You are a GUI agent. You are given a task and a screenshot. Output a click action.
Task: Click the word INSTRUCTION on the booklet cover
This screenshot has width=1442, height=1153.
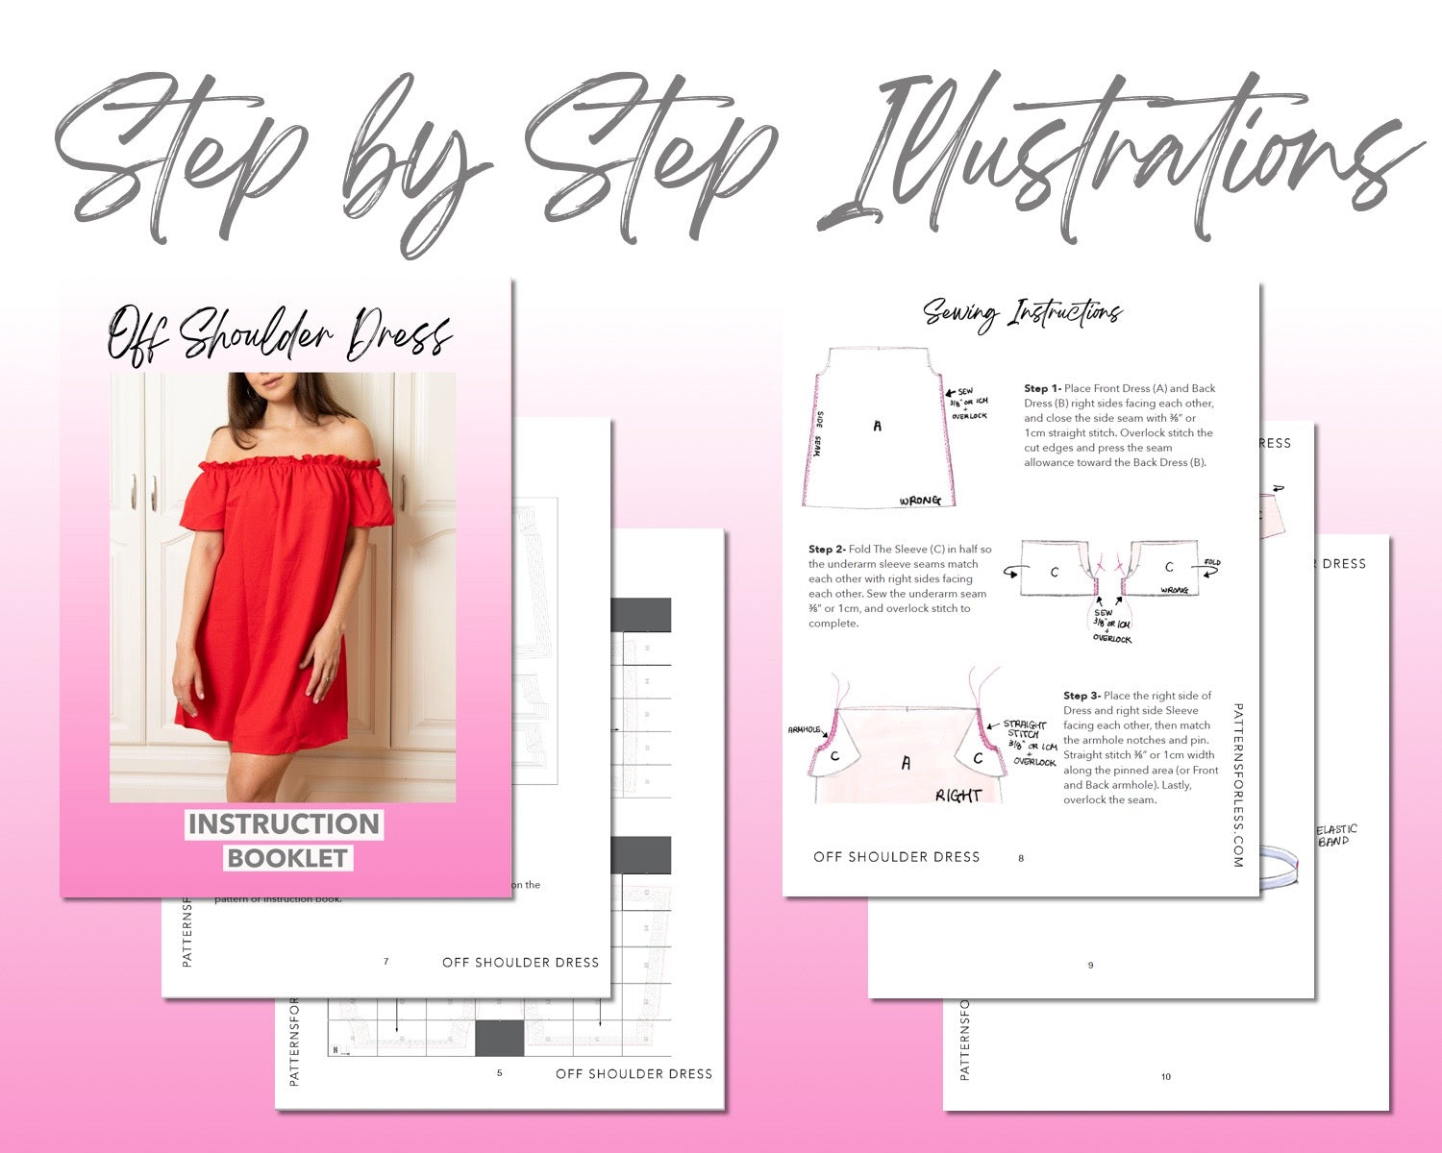point(285,824)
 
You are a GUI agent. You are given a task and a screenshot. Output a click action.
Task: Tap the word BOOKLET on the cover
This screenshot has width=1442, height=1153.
point(287,858)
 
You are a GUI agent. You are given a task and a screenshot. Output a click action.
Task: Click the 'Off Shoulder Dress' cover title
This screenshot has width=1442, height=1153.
point(280,333)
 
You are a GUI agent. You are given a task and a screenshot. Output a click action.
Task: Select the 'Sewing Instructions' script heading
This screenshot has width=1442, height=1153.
point(1023,312)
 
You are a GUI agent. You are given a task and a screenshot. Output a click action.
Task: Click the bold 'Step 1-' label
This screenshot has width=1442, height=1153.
point(1042,389)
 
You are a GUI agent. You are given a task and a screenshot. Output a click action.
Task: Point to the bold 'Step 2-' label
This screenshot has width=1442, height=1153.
point(827,550)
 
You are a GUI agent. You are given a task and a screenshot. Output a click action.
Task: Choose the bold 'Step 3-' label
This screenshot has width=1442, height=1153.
point(1081,696)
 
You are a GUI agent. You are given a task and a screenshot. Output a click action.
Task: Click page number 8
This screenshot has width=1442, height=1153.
point(1021,858)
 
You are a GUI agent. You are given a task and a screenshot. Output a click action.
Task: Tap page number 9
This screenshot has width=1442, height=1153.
point(1090,965)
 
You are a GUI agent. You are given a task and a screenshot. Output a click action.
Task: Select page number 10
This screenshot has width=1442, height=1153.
point(1165,1076)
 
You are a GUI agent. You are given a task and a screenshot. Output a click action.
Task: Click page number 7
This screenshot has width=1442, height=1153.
point(386,961)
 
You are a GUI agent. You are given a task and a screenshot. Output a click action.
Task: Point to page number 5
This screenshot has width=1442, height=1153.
point(499,1072)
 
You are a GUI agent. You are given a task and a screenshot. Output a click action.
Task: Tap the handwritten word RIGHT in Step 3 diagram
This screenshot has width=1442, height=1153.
point(958,796)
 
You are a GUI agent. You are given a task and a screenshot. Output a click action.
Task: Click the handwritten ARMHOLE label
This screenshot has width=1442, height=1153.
point(804,730)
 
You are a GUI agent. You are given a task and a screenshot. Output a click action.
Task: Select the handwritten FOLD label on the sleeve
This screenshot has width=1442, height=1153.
point(1212,562)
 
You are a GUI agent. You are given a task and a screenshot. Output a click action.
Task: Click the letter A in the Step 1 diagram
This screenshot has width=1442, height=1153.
point(877,426)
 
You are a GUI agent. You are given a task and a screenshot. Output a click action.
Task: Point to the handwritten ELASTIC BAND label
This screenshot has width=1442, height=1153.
point(1335,835)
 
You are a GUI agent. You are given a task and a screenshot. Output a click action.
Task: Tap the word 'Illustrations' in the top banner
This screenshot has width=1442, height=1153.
point(1115,159)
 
